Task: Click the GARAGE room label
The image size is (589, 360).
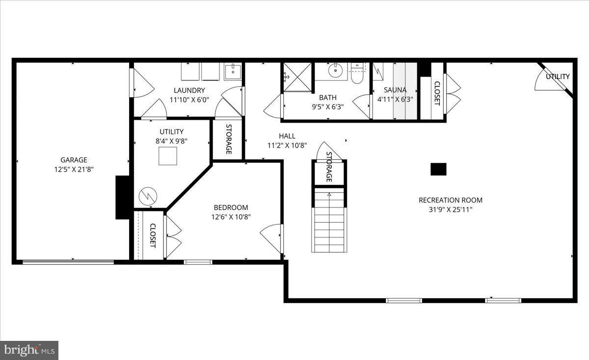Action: [x=74, y=159]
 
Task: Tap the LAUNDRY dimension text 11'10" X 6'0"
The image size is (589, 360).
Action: [x=189, y=100]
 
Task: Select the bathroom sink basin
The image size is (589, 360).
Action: [x=335, y=71]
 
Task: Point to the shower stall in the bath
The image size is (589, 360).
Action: [x=297, y=77]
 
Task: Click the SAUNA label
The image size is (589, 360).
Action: [x=395, y=90]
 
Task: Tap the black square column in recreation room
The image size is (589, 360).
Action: [x=438, y=169]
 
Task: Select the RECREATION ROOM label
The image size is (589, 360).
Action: [x=450, y=200]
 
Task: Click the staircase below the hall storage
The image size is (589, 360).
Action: [x=329, y=221]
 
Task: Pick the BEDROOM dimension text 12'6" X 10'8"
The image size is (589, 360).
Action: [x=231, y=217]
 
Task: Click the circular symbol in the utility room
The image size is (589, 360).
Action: [x=147, y=197]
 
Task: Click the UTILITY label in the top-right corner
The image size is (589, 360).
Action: [x=558, y=77]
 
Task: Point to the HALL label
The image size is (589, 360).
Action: [x=287, y=136]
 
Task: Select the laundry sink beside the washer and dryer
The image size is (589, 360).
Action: [x=233, y=72]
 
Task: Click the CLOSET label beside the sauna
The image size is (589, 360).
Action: [x=437, y=92]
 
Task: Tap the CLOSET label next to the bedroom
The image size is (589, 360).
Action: [x=152, y=235]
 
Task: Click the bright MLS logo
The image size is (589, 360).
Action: [x=29, y=350]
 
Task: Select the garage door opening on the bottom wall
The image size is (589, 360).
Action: [x=68, y=262]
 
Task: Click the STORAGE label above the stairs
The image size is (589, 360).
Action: [x=329, y=167]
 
